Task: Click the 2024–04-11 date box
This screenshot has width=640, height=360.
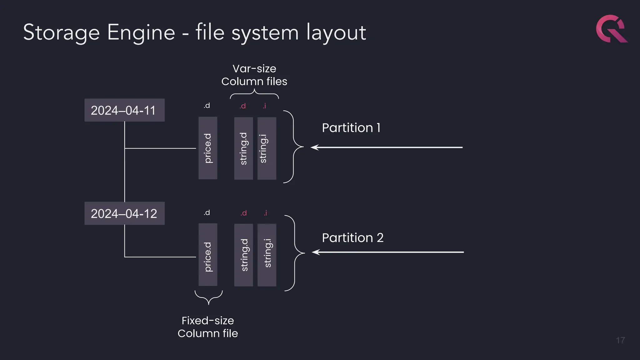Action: pyautogui.click(x=124, y=110)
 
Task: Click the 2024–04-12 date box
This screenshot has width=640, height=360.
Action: pyautogui.click(x=124, y=213)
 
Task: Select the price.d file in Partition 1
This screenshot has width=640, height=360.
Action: pyautogui.click(x=208, y=148)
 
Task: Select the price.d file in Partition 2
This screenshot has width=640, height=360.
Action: pyautogui.click(x=208, y=255)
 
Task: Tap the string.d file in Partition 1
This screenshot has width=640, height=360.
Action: pyautogui.click(x=243, y=148)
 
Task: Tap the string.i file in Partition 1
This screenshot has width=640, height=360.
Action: pyautogui.click(x=267, y=148)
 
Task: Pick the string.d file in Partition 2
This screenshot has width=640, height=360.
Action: pyautogui.click(x=243, y=255)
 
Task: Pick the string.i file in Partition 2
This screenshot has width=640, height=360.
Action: pyautogui.click(x=267, y=255)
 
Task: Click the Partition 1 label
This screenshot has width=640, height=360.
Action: pyautogui.click(x=351, y=128)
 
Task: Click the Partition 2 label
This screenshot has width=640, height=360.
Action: pyautogui.click(x=352, y=238)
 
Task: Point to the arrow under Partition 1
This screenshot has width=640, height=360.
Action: pyautogui.click(x=386, y=147)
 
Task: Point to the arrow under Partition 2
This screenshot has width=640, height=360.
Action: pyautogui.click(x=387, y=252)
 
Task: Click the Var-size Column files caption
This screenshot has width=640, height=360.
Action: pyautogui.click(x=254, y=75)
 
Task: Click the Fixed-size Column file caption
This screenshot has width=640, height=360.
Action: pyautogui.click(x=208, y=327)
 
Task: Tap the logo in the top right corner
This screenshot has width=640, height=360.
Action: pyautogui.click(x=611, y=29)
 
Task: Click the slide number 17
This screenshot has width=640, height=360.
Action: pyautogui.click(x=620, y=340)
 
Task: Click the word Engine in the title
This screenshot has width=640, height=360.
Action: pyautogui.click(x=141, y=32)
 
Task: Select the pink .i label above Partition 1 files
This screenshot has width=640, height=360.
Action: pyautogui.click(x=264, y=106)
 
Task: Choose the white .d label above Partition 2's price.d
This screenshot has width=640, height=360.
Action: pyautogui.click(x=207, y=213)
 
